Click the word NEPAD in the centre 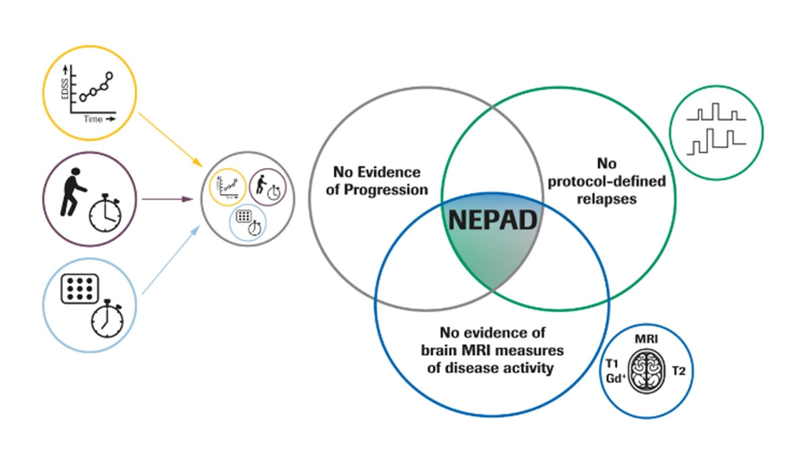492,220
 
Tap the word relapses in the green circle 606,199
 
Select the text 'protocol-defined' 606,181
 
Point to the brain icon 646,371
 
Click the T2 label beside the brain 678,371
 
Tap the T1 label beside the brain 612,363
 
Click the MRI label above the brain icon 646,339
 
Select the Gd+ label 615,378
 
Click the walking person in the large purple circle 73,192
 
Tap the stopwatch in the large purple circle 105,213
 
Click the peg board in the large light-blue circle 79,289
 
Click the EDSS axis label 64,89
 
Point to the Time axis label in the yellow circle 93,119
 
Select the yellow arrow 169,139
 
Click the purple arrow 167,199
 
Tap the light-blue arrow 170,260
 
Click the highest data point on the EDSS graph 109,76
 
